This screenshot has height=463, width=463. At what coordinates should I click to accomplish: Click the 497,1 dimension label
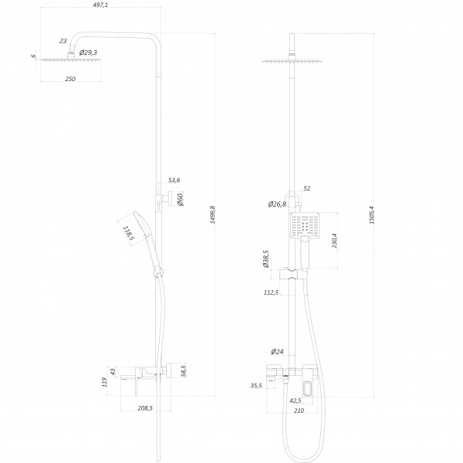click(x=100, y=5)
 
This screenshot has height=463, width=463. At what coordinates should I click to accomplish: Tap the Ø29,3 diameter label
click(x=88, y=52)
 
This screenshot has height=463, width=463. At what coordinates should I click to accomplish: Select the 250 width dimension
click(x=70, y=79)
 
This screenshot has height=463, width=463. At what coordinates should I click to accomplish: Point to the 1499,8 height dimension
click(x=213, y=215)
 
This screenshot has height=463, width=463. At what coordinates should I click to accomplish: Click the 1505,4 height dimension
click(x=372, y=215)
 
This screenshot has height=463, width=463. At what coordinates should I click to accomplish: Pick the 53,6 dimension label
click(x=174, y=180)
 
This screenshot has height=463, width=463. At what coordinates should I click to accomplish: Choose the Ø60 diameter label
click(x=180, y=199)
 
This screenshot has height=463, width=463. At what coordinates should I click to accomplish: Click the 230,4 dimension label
click(x=334, y=240)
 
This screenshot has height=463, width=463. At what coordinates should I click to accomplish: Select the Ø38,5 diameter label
click(x=265, y=259)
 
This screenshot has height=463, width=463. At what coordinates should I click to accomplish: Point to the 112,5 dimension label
click(x=271, y=292)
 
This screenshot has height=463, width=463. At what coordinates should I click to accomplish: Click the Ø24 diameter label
click(x=277, y=351)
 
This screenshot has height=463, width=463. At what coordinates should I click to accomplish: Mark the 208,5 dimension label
click(x=145, y=408)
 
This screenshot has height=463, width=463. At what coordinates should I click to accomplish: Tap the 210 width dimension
click(x=299, y=411)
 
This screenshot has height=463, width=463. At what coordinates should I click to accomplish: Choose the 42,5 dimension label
click(x=296, y=400)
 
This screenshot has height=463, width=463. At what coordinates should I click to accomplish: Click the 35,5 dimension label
click(x=256, y=385)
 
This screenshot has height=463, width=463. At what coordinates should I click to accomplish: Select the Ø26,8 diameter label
click(x=277, y=204)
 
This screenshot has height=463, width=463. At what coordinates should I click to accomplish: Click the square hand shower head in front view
click(x=305, y=225)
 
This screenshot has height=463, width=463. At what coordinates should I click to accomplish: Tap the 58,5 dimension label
click(x=184, y=371)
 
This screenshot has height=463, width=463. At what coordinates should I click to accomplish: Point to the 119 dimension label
click(x=104, y=382)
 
